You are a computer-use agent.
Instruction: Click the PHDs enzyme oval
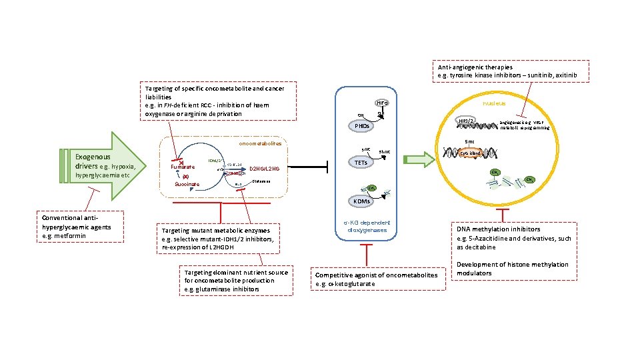point(363,126)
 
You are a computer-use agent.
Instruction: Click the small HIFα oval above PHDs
point(383,103)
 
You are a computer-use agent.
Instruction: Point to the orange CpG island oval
point(471,153)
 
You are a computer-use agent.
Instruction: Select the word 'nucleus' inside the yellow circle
point(494,103)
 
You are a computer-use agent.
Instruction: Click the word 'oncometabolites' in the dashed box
point(261,143)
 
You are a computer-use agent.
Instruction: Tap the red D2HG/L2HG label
point(264,169)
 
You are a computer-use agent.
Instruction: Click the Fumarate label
point(183,167)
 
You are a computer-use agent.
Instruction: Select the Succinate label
point(187,184)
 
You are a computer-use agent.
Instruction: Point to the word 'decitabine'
point(476,247)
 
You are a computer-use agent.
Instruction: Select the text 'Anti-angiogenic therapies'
point(475,67)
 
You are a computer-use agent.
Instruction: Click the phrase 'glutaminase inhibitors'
point(222,289)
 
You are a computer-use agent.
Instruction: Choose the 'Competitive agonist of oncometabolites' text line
point(377,275)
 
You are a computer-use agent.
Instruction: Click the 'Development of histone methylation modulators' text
point(513,269)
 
